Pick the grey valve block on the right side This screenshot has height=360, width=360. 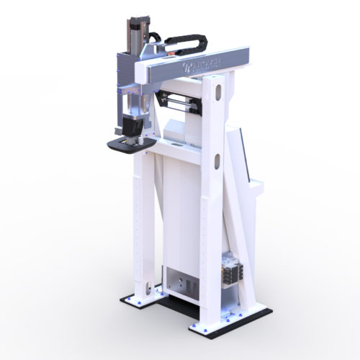tap(232, 274)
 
